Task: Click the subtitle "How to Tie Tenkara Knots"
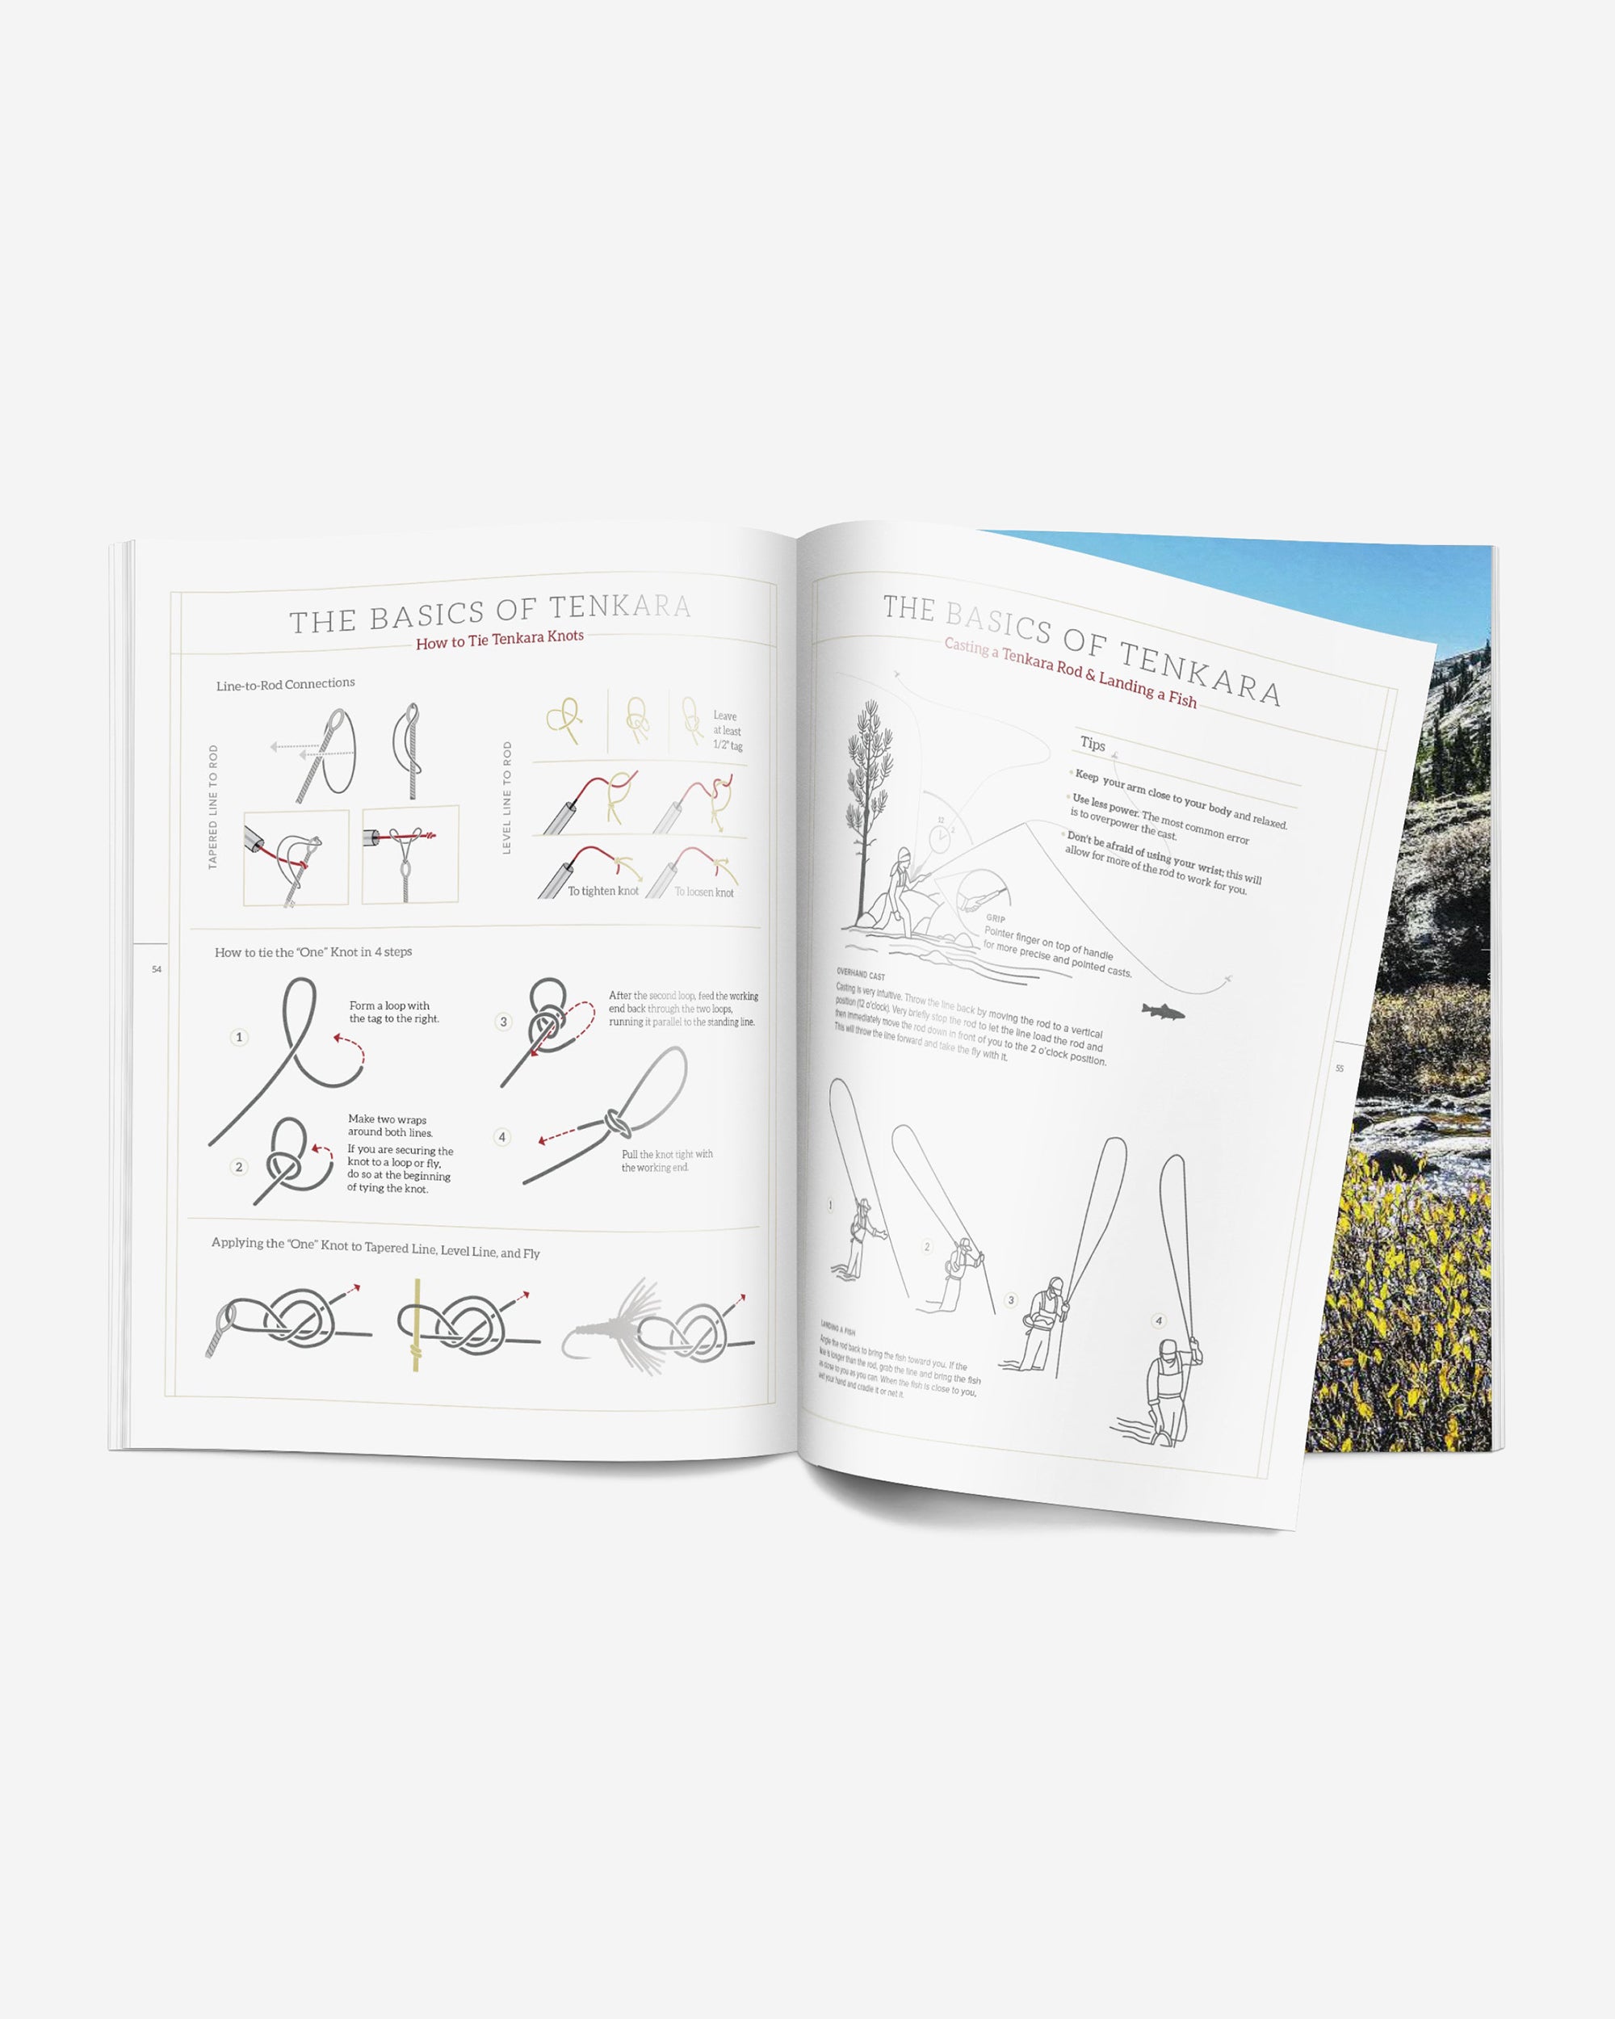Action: click(500, 640)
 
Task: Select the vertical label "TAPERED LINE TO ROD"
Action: click(213, 808)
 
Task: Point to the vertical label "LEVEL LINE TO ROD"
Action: click(507, 797)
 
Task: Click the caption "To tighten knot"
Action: click(603, 891)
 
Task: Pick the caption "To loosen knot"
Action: click(704, 892)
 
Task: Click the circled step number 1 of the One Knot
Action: click(239, 1037)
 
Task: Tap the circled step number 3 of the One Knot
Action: click(504, 1021)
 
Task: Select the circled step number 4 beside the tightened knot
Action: click(501, 1137)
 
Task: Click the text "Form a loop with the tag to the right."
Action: click(393, 1011)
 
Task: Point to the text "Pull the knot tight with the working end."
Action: click(667, 1161)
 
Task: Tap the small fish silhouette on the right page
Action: click(1163, 1011)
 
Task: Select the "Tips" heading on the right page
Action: click(1093, 744)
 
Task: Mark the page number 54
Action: click(157, 969)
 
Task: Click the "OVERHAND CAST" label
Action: click(861, 974)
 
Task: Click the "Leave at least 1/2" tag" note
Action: click(728, 730)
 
